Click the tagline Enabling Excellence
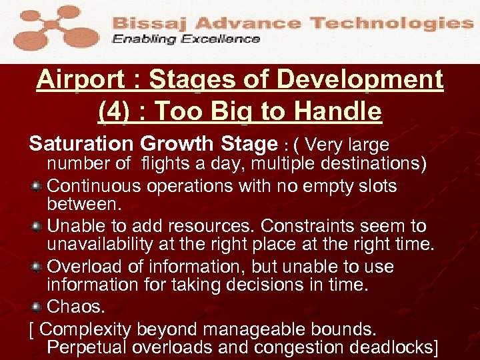(185, 39)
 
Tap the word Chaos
(76, 307)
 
